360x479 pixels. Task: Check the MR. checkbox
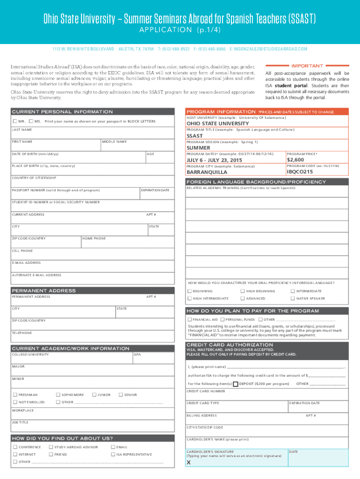pyautogui.click(x=15, y=121)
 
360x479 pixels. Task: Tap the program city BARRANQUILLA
pyautogui.click(x=207, y=172)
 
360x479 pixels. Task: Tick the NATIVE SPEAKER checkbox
pyautogui.click(x=293, y=298)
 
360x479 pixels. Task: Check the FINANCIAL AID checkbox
pyautogui.click(x=189, y=319)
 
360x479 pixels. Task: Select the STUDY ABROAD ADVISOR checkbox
pyautogui.click(x=51, y=447)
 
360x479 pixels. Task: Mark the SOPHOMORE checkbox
pyautogui.click(x=58, y=395)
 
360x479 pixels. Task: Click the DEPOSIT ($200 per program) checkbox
pyautogui.click(x=235, y=384)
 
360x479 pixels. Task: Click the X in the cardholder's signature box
pyautogui.click(x=189, y=463)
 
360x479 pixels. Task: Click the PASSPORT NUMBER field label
pyautogui.click(x=56, y=190)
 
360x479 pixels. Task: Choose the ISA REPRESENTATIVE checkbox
pyautogui.click(x=113, y=454)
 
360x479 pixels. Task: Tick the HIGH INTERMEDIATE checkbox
pyautogui.click(x=189, y=298)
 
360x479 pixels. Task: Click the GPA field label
pyautogui.click(x=137, y=355)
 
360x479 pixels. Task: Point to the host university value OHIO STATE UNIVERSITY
pyautogui.click(x=217, y=123)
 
